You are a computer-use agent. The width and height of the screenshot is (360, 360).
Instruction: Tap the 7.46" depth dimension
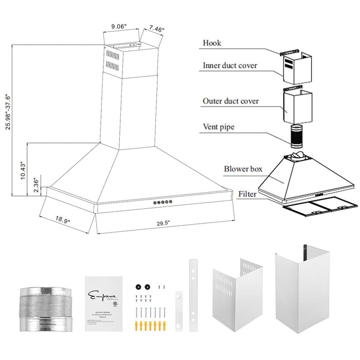tap(156, 30)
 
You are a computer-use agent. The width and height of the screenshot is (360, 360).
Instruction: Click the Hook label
tap(212, 43)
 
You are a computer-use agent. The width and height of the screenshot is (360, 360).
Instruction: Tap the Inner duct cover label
tap(230, 65)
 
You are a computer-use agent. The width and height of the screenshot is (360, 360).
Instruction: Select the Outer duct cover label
tap(230, 101)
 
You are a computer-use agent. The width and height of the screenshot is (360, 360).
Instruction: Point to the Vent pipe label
tap(219, 127)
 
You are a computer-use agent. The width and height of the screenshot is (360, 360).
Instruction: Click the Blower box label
tap(243, 169)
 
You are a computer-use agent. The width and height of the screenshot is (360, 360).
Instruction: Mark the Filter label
tap(247, 194)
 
